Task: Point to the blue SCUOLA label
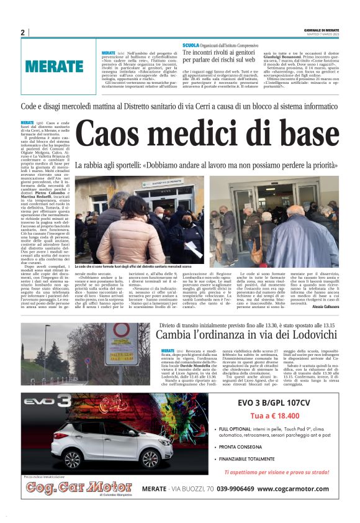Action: click(191, 46)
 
